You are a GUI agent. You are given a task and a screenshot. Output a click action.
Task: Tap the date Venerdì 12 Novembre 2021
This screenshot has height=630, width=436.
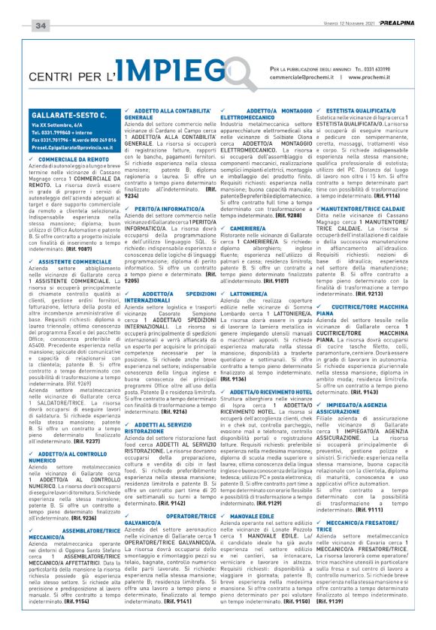(339, 25)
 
